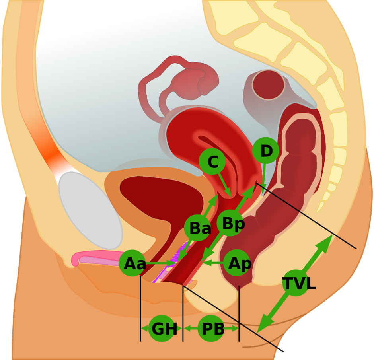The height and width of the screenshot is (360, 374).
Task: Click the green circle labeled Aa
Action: tap(132, 263)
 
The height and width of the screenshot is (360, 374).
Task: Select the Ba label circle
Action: tap(197, 228)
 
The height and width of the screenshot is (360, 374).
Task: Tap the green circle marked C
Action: tap(212, 161)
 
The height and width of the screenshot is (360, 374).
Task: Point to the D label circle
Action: tap(265, 150)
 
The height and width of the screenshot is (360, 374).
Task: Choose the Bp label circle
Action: tap(230, 223)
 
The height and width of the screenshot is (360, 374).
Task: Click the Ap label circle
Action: tap(237, 263)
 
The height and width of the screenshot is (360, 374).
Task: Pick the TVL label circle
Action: tap(295, 283)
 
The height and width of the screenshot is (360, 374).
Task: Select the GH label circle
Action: tap(162, 329)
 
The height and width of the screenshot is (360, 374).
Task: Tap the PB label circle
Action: tap(211, 329)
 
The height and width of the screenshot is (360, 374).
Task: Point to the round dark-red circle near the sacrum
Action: tap(268, 85)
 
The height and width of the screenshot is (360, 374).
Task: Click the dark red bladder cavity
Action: tap(159, 195)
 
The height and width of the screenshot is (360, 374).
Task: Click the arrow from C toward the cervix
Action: tap(225, 185)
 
